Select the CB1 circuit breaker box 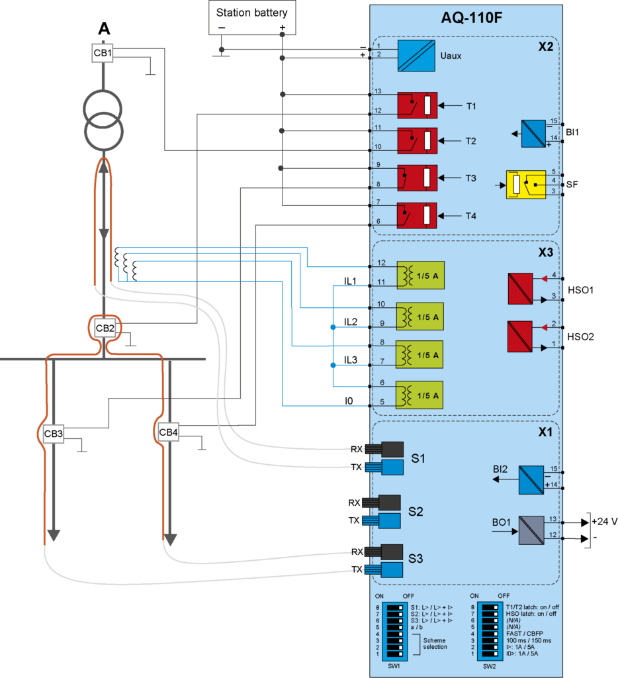tap(102, 53)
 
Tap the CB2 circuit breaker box tap(105, 328)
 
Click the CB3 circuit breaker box tap(53, 434)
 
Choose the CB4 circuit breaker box tap(168, 433)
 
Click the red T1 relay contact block tap(417, 105)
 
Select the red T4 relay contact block tap(417, 216)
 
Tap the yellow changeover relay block tap(525, 184)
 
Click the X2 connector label tap(545, 47)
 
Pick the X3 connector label tap(545, 252)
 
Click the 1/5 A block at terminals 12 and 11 tap(419, 276)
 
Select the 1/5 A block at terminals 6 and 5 tap(419, 395)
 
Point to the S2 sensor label tap(416, 511)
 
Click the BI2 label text tap(500, 469)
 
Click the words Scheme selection tap(435, 643)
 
